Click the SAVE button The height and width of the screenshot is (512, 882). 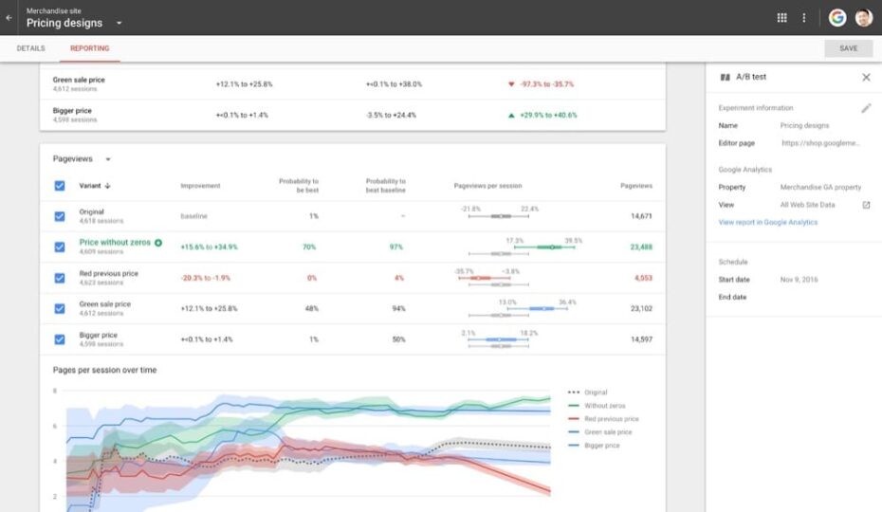[848, 48]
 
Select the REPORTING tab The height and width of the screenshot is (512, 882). [89, 48]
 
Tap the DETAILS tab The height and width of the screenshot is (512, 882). [31, 48]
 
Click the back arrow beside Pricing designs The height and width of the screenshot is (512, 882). [9, 18]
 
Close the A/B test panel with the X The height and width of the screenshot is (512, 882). [866, 78]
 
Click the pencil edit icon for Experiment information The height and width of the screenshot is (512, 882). [866, 108]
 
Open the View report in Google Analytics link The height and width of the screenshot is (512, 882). [767, 223]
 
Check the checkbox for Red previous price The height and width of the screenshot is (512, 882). [60, 278]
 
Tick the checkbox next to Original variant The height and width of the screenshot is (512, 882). [60, 216]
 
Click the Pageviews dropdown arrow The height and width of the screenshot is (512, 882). [108, 159]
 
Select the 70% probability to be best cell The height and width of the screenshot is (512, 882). [309, 247]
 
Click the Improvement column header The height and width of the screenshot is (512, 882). [200, 186]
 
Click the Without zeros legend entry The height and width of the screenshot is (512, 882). [604, 406]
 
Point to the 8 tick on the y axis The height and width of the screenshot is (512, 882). [55, 391]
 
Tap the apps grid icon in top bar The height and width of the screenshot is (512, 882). [781, 18]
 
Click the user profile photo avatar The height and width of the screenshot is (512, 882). [863, 18]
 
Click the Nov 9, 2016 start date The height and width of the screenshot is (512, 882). [799, 280]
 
